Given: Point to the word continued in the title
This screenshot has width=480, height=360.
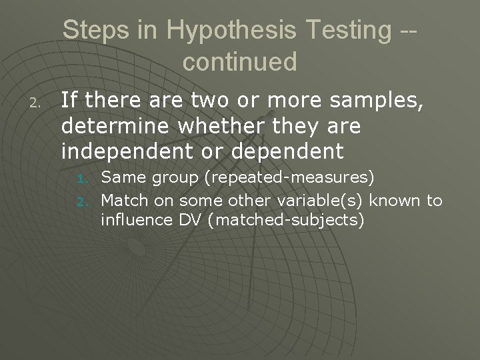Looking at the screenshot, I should tap(239, 61).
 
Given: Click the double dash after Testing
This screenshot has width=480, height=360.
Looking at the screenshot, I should tap(405, 30).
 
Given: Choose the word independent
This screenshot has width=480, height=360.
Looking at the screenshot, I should tap(125, 151).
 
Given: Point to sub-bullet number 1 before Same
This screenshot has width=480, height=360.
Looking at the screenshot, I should tap(83, 179).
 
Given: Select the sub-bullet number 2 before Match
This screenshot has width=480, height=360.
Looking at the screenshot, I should tap(83, 201).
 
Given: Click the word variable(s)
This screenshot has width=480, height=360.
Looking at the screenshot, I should tap(309, 200).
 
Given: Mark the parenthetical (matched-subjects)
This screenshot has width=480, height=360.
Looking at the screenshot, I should tap(286, 219).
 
